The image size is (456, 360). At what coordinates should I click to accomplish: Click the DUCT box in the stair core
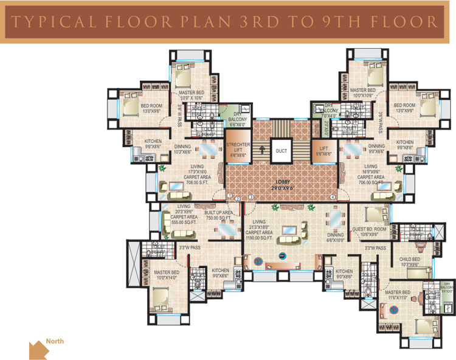click(280, 151)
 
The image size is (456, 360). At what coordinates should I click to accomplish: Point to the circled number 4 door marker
click(333, 197)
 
